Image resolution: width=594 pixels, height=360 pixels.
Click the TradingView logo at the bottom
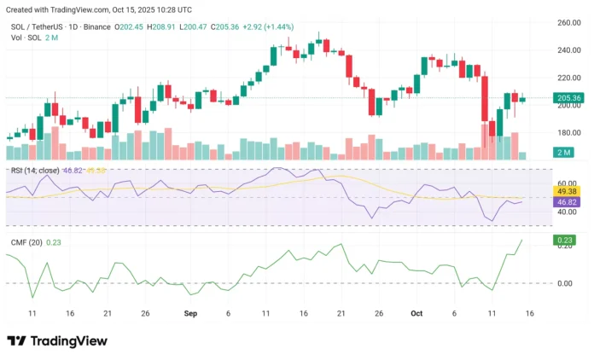point(57,341)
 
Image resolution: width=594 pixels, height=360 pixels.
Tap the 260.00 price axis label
point(569,23)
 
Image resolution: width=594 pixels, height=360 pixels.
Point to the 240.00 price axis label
point(569,50)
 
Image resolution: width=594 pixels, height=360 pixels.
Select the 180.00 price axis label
point(569,132)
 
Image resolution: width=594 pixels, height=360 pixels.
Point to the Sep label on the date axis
point(190,314)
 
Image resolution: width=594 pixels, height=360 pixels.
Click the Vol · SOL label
point(23,38)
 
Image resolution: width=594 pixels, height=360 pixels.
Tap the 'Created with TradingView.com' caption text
point(59,10)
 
